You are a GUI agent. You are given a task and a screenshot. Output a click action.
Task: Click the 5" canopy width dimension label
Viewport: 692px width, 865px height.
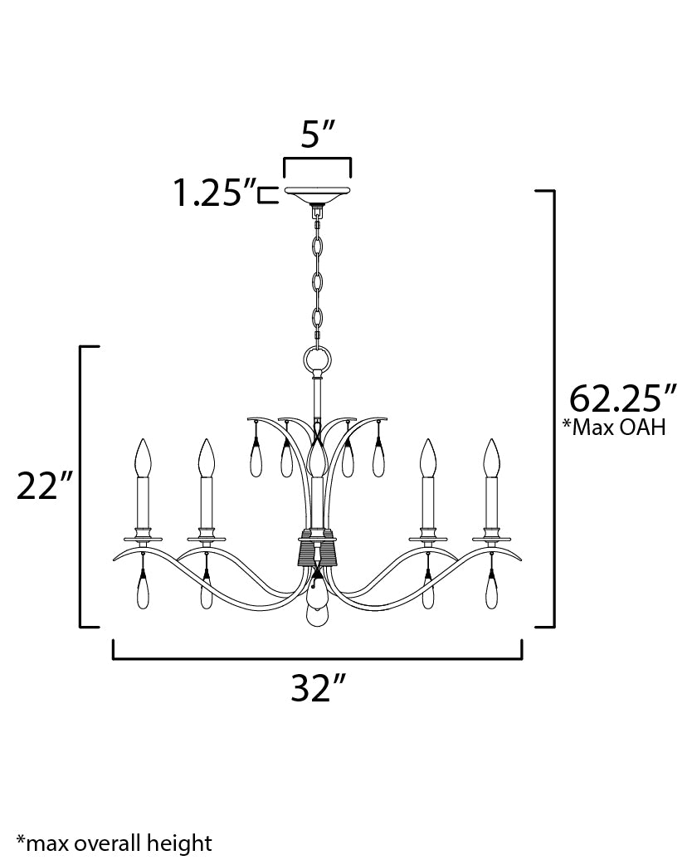(x=317, y=134)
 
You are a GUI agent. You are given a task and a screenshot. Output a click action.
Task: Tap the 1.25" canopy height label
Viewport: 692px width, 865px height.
(x=213, y=193)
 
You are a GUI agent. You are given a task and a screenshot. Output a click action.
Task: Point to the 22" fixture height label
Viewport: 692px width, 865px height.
(x=42, y=486)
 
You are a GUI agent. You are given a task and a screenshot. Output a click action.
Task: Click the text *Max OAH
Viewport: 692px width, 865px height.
(x=614, y=429)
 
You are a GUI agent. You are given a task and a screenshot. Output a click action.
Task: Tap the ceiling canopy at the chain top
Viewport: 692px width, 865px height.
(x=317, y=195)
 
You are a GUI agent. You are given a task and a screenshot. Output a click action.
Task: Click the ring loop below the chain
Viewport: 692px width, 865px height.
(x=317, y=360)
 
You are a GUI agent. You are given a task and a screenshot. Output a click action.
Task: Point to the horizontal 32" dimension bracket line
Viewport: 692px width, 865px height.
(x=317, y=660)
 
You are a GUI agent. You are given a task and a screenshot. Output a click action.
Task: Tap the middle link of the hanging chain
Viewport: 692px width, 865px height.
(x=317, y=282)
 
